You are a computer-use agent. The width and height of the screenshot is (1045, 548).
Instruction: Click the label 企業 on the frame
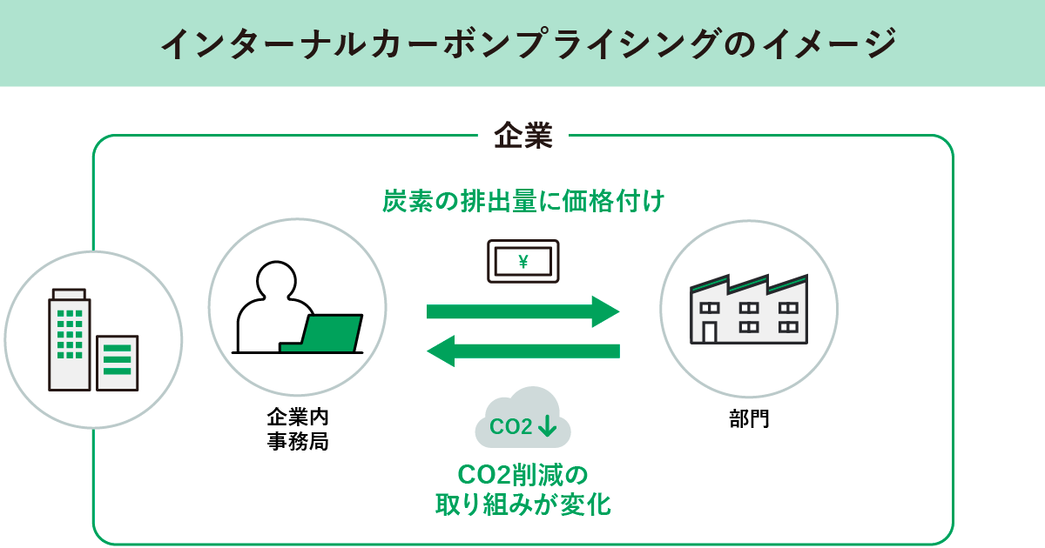pyautogui.click(x=522, y=137)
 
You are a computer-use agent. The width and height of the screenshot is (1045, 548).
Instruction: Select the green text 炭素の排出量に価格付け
pyautogui.click(x=522, y=202)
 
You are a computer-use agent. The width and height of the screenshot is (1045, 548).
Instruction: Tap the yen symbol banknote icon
pyautogui.click(x=522, y=261)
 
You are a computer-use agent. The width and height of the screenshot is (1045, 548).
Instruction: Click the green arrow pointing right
pyautogui.click(x=522, y=311)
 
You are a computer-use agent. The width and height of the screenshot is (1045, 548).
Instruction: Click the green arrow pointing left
pyautogui.click(x=522, y=351)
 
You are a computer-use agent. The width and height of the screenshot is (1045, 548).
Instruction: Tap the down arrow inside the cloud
pyautogui.click(x=548, y=426)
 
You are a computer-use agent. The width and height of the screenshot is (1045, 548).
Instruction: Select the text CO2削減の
pyautogui.click(x=522, y=475)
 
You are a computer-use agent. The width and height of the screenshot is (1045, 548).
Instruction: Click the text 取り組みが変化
pyautogui.click(x=522, y=505)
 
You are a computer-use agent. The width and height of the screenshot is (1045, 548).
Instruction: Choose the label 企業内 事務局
pyautogui.click(x=297, y=429)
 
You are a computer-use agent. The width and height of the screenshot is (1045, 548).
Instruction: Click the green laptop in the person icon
pyautogui.click(x=332, y=333)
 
